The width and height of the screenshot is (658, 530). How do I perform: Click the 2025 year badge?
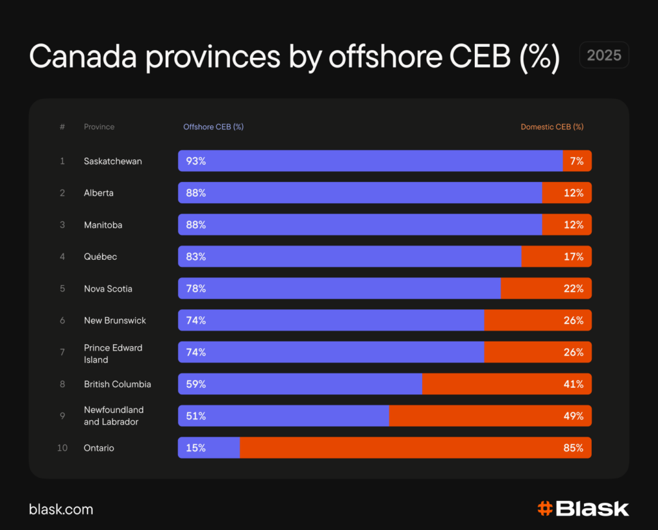click(603, 55)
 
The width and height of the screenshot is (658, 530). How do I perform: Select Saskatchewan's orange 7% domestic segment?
click(576, 161)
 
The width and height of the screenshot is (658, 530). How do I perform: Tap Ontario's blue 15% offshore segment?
click(209, 448)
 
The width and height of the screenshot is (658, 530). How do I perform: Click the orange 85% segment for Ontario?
click(415, 448)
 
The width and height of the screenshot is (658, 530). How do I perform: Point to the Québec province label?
click(100, 257)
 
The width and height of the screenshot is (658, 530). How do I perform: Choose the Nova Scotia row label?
click(108, 289)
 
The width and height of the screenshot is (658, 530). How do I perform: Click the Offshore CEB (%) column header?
click(213, 127)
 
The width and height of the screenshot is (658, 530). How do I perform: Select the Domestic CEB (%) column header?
click(552, 127)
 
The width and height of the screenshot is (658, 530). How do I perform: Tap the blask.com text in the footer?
click(61, 509)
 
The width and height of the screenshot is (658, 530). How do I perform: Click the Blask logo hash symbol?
click(545, 509)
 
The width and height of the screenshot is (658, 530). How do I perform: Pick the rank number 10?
click(62, 448)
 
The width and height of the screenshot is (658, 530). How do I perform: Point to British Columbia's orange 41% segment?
click(506, 384)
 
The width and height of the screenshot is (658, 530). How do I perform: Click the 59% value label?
click(196, 384)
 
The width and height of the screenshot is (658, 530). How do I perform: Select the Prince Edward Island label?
click(113, 353)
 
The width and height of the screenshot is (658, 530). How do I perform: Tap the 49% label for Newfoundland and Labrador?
click(573, 416)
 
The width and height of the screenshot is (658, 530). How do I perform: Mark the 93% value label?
click(196, 161)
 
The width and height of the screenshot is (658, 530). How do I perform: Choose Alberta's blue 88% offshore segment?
click(360, 193)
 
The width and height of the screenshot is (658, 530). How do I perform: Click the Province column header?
click(99, 127)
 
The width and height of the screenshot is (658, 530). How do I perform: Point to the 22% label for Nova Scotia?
click(573, 289)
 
